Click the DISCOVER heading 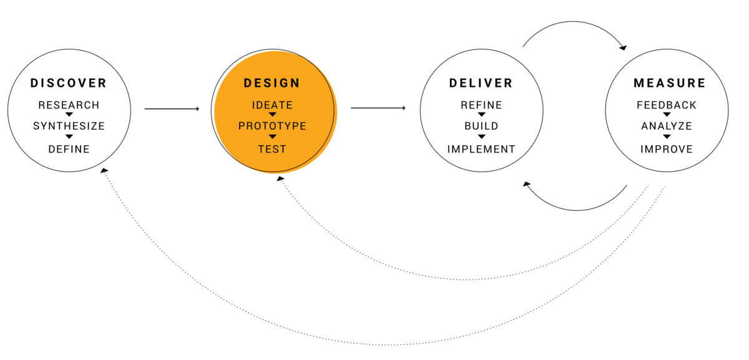pos(69,83)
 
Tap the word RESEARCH pos(69,105)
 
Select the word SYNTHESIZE pos(69,126)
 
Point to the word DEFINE pos(69,149)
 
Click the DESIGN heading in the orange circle pos(272,83)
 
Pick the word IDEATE pos(272,105)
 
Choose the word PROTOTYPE pos(272,126)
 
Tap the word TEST pos(272,149)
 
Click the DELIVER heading pos(481,83)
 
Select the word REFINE pos(481,105)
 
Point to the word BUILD pos(481,126)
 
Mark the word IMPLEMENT pos(481,149)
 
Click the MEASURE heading pos(670,83)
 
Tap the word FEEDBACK pos(667,105)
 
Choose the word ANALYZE pos(667,126)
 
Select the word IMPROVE pos(667,149)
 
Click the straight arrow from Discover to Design pos(172,109)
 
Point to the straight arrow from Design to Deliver pos(378,108)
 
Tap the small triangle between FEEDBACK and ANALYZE pos(667,115)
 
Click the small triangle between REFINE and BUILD pos(481,115)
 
